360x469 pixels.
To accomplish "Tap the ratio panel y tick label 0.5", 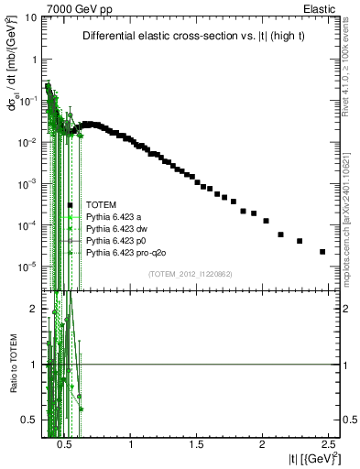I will click(x=27, y=420).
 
